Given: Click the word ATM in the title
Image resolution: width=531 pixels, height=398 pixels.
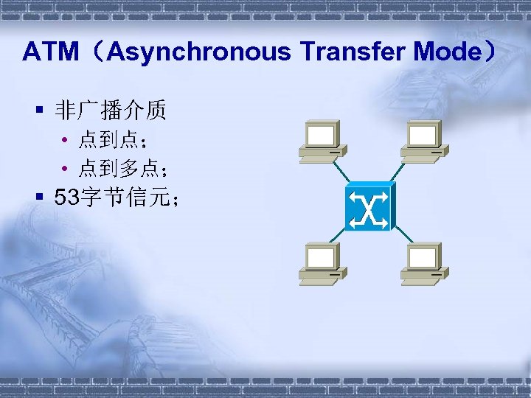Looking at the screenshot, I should pyautogui.click(x=50, y=52).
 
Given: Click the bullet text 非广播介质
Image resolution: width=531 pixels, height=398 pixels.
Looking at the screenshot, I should pyautogui.click(x=110, y=111).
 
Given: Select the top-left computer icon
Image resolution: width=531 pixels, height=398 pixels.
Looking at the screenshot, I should pyautogui.click(x=323, y=141).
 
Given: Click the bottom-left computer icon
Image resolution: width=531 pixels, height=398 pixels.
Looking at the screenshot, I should pyautogui.click(x=323, y=263).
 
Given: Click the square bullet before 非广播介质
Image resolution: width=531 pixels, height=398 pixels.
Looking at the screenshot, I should pyautogui.click(x=40, y=112).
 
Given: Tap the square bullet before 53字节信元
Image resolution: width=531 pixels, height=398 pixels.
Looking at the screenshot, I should pyautogui.click(x=40, y=198).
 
